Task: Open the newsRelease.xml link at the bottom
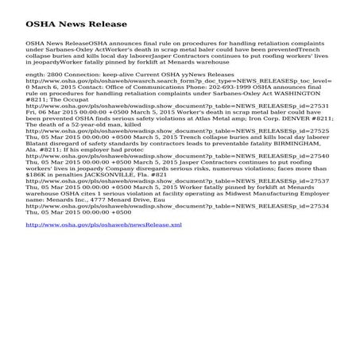tap(103, 225)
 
